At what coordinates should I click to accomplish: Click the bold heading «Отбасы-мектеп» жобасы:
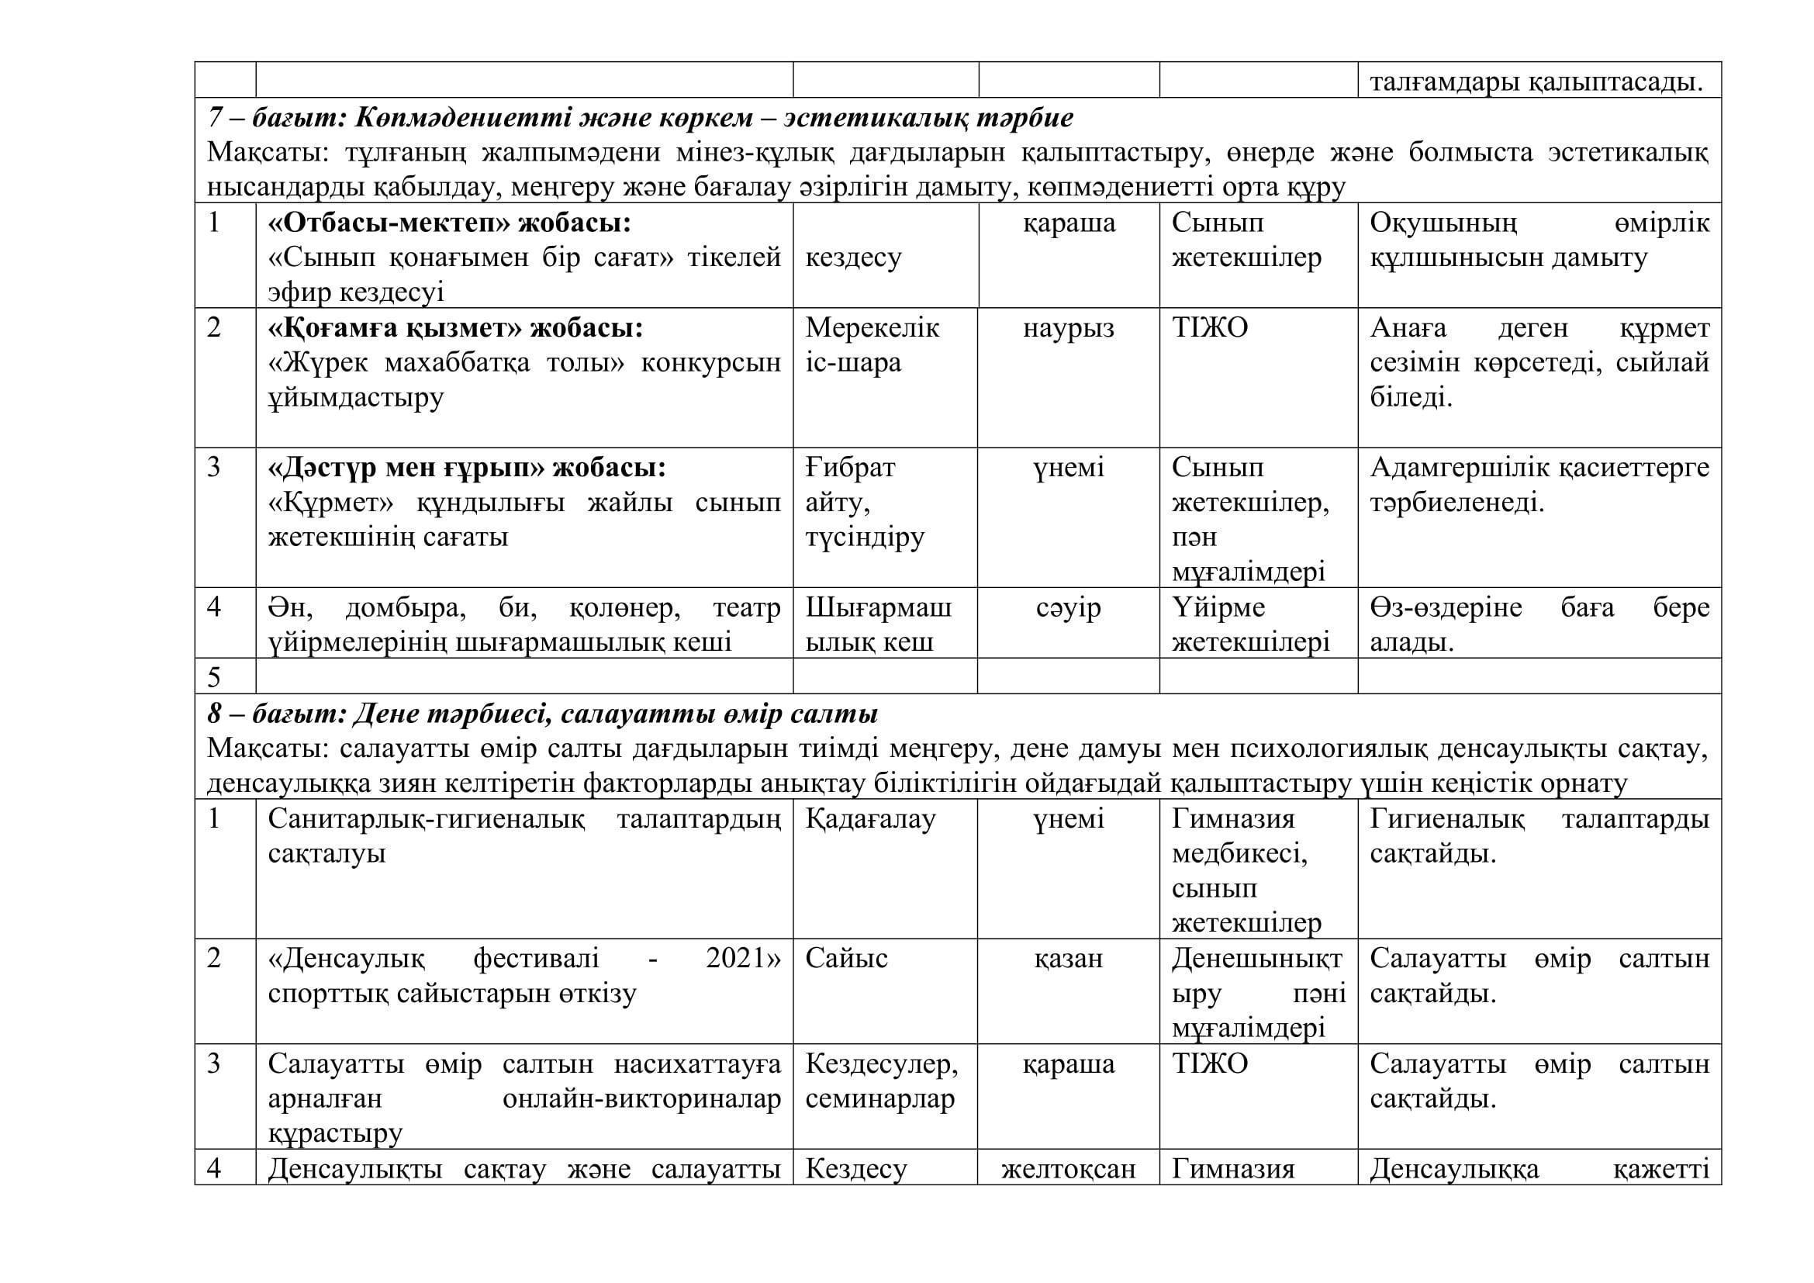pos(450,223)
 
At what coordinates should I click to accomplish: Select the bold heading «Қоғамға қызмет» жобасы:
pos(455,328)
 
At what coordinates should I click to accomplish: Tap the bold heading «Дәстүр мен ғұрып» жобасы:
pos(467,468)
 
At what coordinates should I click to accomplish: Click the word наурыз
pos(1068,328)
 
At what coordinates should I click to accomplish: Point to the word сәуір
pos(1068,607)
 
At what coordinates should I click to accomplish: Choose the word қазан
pos(1068,958)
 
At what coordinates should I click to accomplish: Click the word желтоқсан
pos(1068,1168)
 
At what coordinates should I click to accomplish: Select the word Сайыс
pos(846,958)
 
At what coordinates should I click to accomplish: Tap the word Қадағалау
pos(870,819)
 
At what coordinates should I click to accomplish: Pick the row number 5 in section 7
pos(213,677)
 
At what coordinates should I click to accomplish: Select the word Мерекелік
pos(872,328)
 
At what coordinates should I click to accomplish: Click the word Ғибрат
pos(850,468)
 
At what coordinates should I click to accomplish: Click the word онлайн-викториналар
pos(641,1099)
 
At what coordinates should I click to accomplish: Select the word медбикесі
pos(1239,854)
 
